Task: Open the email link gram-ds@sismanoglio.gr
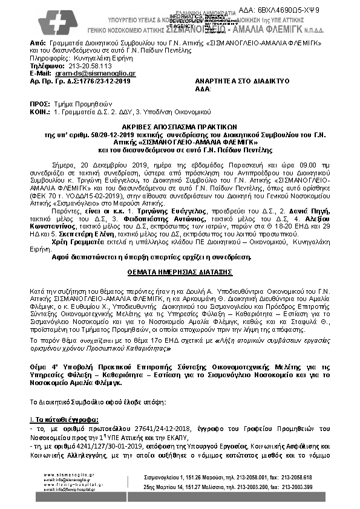point(85,73)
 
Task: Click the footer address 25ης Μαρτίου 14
point(202,485)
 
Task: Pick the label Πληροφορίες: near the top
point(49,58)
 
